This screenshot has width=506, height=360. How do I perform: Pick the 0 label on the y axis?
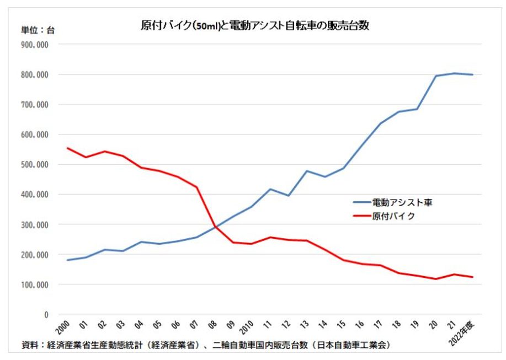coord(46,314)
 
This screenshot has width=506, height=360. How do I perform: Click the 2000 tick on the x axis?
coord(63,326)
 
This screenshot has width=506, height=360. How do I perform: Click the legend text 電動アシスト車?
coord(402,202)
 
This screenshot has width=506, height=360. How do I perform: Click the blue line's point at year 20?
coord(436,76)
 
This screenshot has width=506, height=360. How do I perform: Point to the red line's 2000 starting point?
coord(67,148)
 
